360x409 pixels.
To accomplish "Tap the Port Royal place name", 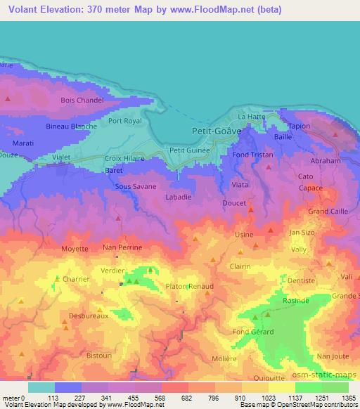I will point(125,121).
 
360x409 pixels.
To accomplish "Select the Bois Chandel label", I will point(82,100).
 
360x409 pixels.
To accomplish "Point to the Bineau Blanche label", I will point(71,126).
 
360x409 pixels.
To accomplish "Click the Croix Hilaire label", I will point(124,159).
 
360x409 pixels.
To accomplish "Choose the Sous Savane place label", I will point(136,188).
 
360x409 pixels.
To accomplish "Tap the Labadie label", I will point(178,198).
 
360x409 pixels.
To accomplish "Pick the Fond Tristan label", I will point(252,155).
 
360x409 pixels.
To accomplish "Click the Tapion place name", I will point(299,126).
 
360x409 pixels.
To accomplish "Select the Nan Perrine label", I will point(122,248).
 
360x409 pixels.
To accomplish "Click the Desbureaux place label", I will point(88,316).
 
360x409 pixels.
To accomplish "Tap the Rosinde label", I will point(296,300).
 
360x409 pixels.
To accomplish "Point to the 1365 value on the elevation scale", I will point(349,398).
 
